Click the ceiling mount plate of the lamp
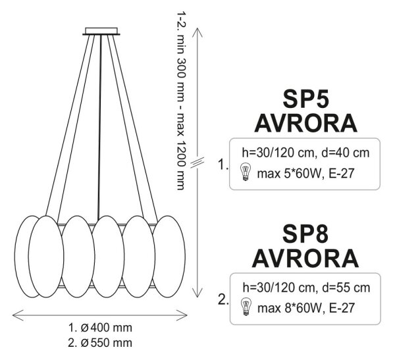tap(101, 31)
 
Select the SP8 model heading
tap(305, 234)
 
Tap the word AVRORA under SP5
tap(306, 123)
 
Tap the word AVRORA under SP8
tap(305, 259)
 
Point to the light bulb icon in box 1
tap(245, 172)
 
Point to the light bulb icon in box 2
tap(246, 307)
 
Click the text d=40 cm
tap(346, 153)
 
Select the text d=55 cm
tap(346, 288)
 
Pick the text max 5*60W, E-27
tap(306, 174)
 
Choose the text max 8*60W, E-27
tap(306, 308)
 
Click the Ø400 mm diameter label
tap(106, 328)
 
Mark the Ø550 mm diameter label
tap(106, 343)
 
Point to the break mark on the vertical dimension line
tap(197, 163)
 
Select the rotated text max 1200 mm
tap(181, 152)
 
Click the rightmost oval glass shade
tap(169, 256)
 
